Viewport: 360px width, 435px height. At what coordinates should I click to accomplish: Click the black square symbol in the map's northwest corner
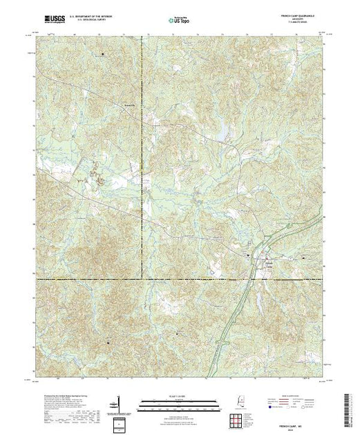coord(104,54)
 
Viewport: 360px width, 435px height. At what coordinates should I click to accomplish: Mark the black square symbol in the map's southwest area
coord(107,338)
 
